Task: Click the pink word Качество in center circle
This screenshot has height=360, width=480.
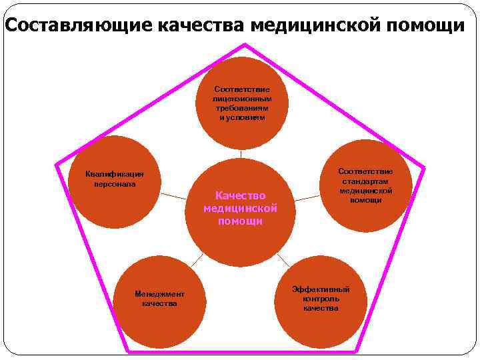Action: tap(240, 195)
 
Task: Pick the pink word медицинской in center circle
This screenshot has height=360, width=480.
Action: tap(240, 208)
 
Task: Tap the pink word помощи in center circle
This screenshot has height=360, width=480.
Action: tap(240, 221)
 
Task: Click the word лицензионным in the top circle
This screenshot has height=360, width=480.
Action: tap(242, 98)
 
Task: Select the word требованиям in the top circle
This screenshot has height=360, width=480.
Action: tap(242, 107)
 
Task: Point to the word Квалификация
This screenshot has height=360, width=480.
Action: tap(115, 174)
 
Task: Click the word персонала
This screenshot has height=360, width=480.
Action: tap(115, 183)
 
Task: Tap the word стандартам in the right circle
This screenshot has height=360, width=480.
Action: tap(365, 181)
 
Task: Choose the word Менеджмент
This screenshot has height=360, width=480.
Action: tap(159, 294)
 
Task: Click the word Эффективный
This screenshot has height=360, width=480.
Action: tap(321, 289)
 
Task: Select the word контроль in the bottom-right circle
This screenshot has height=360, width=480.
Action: tap(321, 299)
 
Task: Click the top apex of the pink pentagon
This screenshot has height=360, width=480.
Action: tap(245, 45)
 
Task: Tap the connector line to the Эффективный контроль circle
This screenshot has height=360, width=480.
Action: tap(283, 259)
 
